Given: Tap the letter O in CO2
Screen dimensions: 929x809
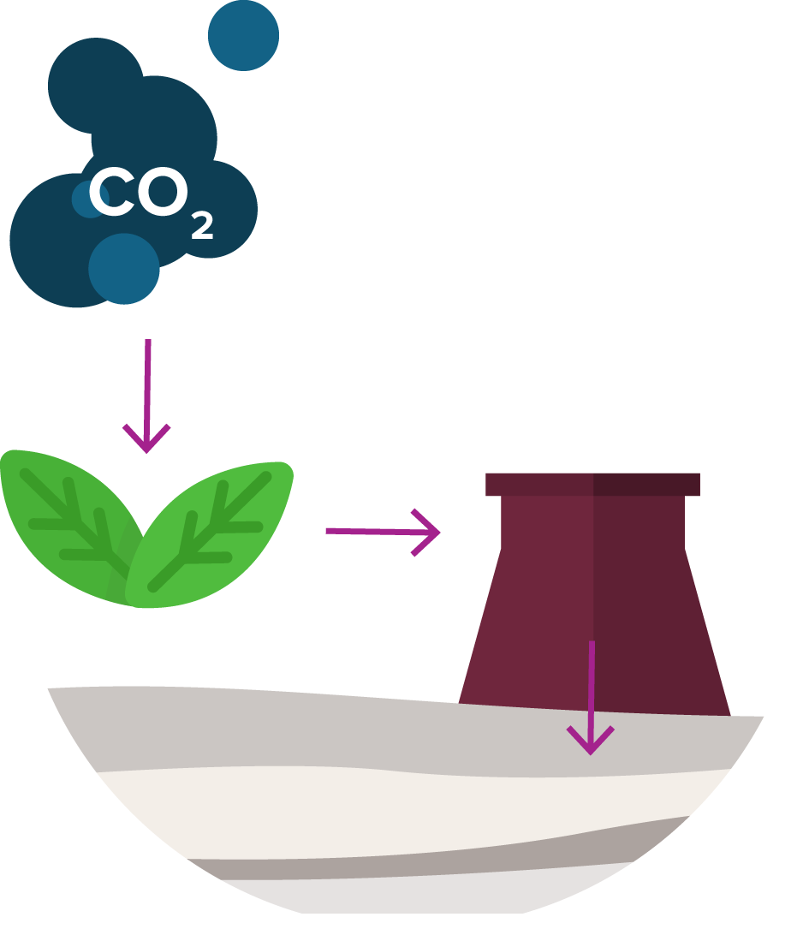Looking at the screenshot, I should pos(160,193).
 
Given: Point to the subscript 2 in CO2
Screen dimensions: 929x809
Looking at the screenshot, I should pos(202,226).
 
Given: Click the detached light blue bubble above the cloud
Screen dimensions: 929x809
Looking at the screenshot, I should pos(243,35).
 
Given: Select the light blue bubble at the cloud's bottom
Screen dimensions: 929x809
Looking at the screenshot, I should pos(124,269).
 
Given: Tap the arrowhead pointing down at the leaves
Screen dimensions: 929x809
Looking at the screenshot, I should pos(146,439).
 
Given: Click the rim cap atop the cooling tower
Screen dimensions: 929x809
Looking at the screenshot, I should pos(592,485).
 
